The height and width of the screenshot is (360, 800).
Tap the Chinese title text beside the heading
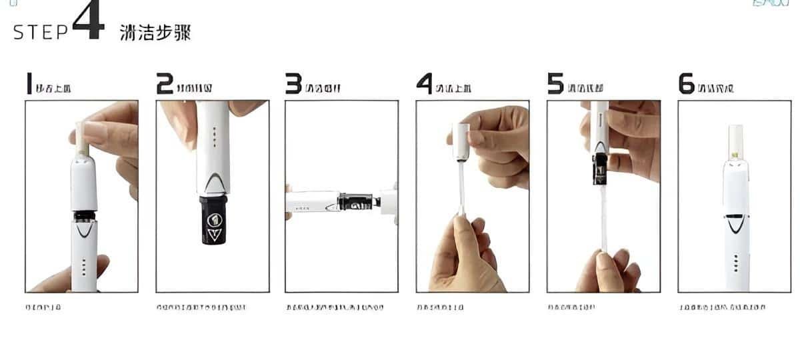click(155, 33)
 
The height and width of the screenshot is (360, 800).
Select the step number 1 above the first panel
click(29, 84)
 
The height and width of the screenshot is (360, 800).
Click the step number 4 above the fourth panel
click(425, 84)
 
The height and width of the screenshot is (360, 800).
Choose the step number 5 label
click(555, 84)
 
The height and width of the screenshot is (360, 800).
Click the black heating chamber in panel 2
click(213, 219)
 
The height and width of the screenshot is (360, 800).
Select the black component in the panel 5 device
click(602, 167)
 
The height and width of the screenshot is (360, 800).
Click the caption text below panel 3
click(335, 307)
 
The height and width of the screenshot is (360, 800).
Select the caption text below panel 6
click(722, 307)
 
